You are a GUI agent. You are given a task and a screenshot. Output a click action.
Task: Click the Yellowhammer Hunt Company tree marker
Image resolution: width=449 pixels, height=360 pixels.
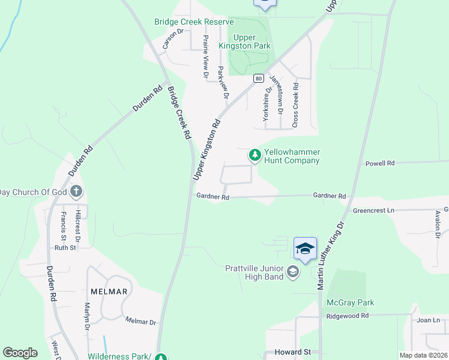tap(255, 155)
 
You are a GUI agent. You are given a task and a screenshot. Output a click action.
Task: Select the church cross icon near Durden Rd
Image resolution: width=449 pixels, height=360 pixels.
tap(76, 192)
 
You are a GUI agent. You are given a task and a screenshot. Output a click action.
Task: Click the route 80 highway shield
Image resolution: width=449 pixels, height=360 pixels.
tap(258, 79)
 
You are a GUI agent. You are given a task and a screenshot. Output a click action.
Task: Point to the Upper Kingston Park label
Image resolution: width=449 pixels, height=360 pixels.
tap(252, 41)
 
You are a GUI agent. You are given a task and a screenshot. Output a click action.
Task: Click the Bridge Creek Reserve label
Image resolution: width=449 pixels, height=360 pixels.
tap(193, 22)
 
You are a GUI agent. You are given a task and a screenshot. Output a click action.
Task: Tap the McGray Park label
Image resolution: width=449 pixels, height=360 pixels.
tap(350, 302)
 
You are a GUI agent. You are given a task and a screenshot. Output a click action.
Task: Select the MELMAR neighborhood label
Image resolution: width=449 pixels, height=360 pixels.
tap(109, 292)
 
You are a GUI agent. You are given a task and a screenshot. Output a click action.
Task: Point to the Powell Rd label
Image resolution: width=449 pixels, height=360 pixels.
tap(380, 163)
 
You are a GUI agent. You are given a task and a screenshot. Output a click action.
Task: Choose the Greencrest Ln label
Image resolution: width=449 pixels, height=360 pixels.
tap(373, 211)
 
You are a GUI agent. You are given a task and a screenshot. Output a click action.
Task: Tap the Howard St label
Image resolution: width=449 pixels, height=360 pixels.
tap(292, 352)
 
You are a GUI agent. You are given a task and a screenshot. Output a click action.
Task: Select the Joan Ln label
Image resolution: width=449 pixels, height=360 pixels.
tap(428, 320)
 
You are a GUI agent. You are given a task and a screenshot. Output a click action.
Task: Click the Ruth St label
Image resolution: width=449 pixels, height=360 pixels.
tap(65, 247)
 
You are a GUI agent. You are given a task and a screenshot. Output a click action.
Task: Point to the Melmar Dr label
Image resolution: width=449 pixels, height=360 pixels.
tap(140, 321)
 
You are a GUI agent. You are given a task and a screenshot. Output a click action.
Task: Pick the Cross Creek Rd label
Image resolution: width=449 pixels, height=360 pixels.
tap(295, 105)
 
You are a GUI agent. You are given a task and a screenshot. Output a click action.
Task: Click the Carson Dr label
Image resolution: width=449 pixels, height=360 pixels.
tap(172, 40)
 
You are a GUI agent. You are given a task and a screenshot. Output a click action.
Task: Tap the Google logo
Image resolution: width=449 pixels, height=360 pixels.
tap(20, 353)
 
